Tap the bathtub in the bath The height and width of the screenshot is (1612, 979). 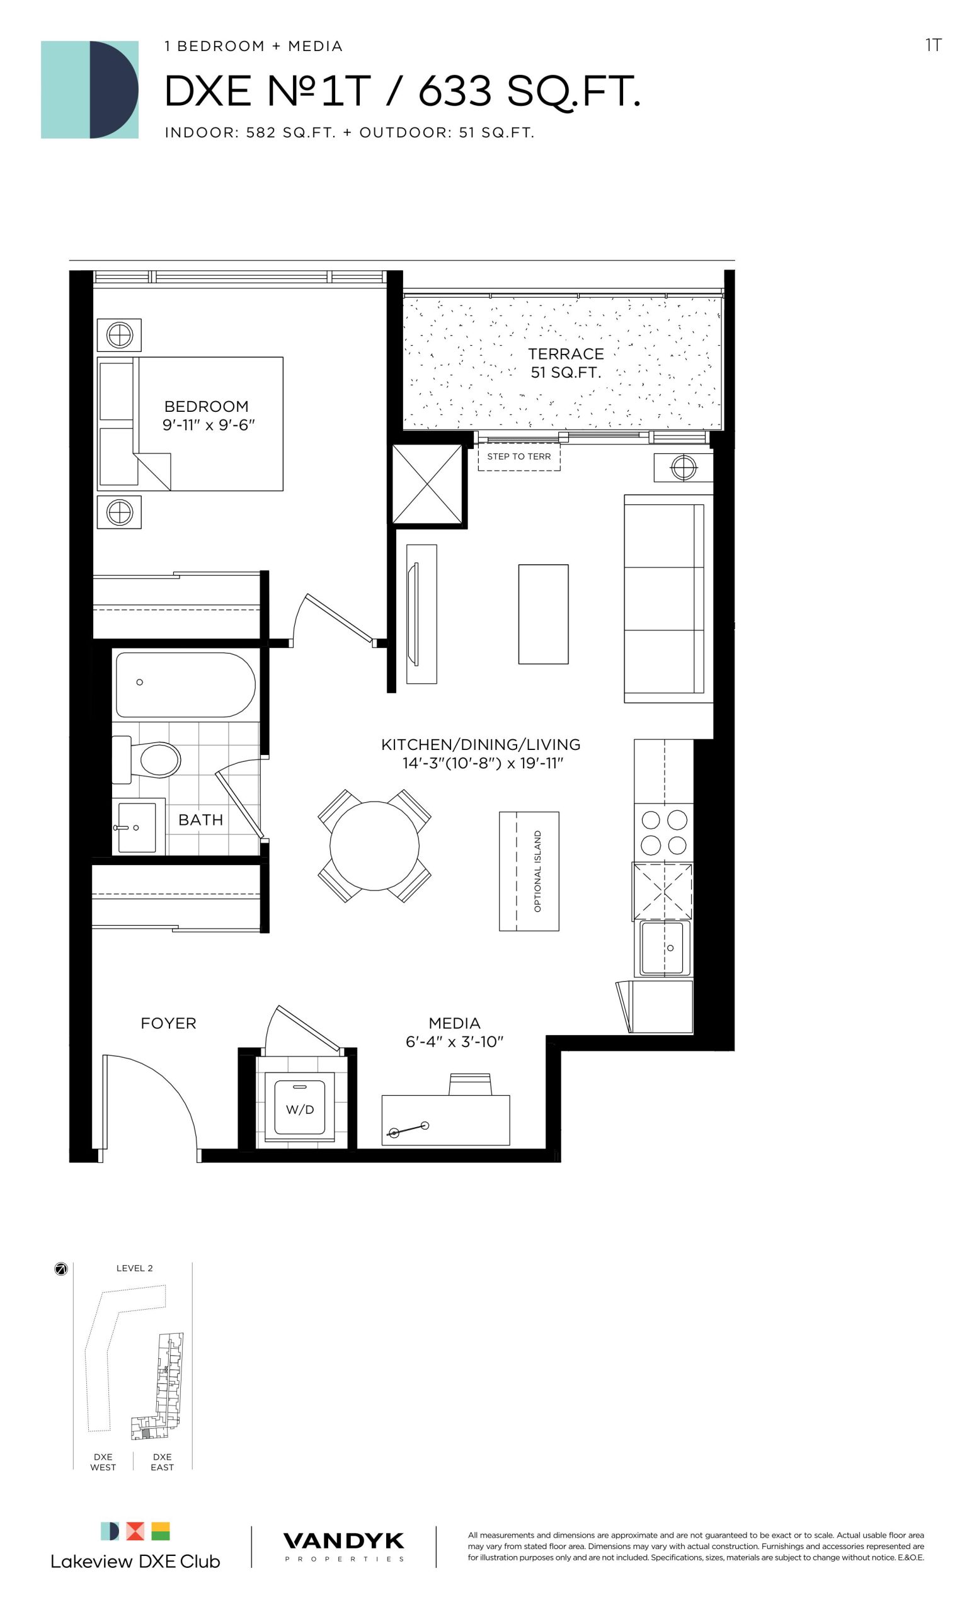tap(185, 685)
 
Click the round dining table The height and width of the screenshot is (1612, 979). tap(374, 846)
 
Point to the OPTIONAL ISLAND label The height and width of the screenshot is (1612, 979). tap(538, 871)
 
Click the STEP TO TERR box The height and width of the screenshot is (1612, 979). tap(519, 457)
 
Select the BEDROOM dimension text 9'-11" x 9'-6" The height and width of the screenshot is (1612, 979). tap(208, 424)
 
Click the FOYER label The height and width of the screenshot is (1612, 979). tap(168, 1023)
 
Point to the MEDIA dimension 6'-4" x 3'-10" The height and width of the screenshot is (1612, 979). tap(455, 1042)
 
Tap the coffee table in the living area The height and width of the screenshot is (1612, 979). tap(543, 614)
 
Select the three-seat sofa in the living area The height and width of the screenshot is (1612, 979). tap(668, 599)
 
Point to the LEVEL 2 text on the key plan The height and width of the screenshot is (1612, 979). tap(135, 1268)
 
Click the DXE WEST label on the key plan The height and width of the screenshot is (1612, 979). tap(103, 1462)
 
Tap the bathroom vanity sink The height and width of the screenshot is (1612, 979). tap(137, 827)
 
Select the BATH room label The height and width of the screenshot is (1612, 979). tap(201, 820)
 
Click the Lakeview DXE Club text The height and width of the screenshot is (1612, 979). tap(135, 1561)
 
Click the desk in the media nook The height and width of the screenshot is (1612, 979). tap(445, 1120)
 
